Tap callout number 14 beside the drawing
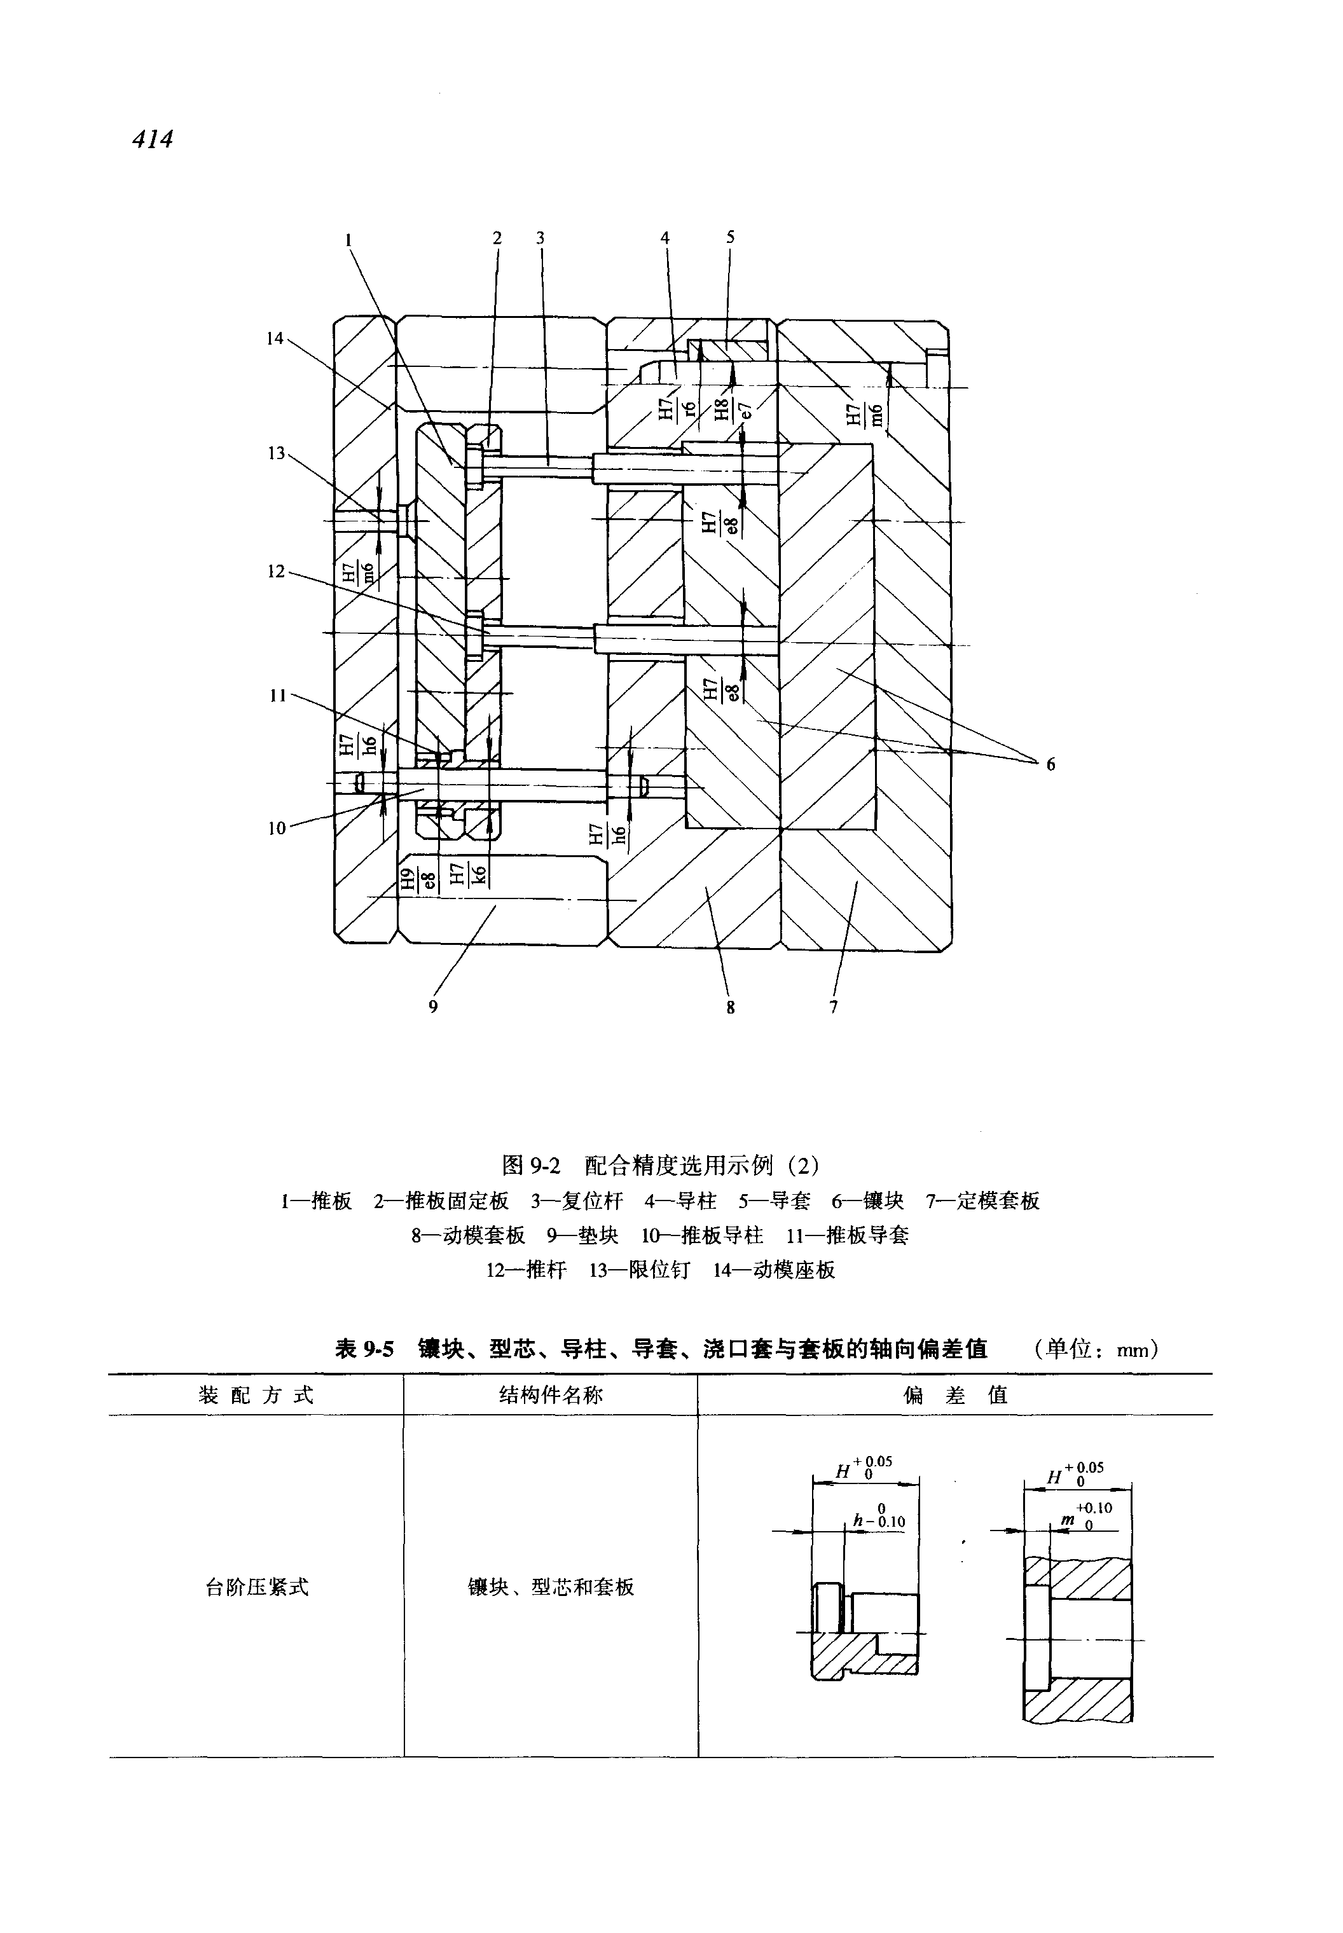coord(275,338)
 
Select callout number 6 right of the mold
coord(1050,764)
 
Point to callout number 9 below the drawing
coord(434,1007)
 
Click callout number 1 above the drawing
coord(348,239)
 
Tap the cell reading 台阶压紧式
coord(258,1587)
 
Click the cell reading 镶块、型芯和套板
coord(551,1587)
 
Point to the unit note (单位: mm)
coord(1098,1350)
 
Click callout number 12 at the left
coord(277,572)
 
